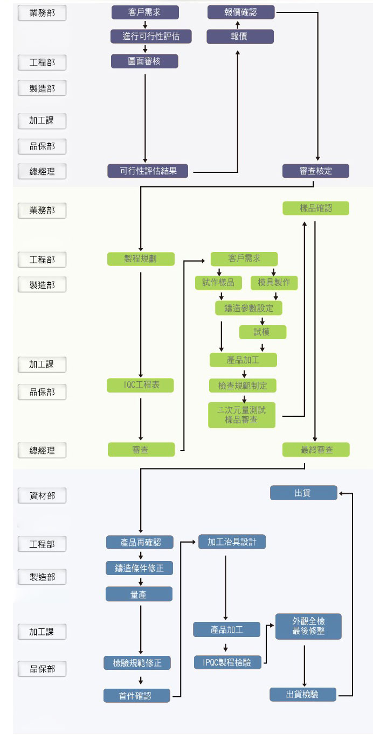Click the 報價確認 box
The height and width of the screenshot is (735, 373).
tap(241, 12)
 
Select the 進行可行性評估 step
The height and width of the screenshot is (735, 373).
tap(144, 37)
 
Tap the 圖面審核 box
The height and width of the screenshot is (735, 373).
tap(144, 61)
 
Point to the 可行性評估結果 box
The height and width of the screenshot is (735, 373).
tap(149, 171)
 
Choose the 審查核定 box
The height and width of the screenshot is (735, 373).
tap(316, 171)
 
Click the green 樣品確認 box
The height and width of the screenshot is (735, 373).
tap(316, 208)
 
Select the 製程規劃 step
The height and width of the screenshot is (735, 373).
tap(141, 258)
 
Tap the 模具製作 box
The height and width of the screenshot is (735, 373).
tap(274, 283)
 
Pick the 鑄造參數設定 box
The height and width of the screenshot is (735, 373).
tap(248, 308)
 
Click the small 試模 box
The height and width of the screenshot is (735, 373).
tap(263, 332)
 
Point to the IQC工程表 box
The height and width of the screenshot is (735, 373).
tap(141, 385)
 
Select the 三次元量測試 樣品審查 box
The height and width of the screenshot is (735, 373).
tap(241, 415)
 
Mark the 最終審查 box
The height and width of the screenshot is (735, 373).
tap(316, 450)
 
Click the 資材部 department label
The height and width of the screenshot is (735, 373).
tap(42, 495)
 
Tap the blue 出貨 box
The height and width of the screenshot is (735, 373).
tap(303, 493)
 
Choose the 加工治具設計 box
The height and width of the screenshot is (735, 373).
tap(232, 542)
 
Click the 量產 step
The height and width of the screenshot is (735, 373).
tap(139, 594)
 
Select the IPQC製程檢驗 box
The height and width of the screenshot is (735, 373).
tap(227, 662)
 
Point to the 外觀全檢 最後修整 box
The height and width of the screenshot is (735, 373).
tap(308, 626)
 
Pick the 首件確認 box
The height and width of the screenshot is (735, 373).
tap(137, 695)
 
